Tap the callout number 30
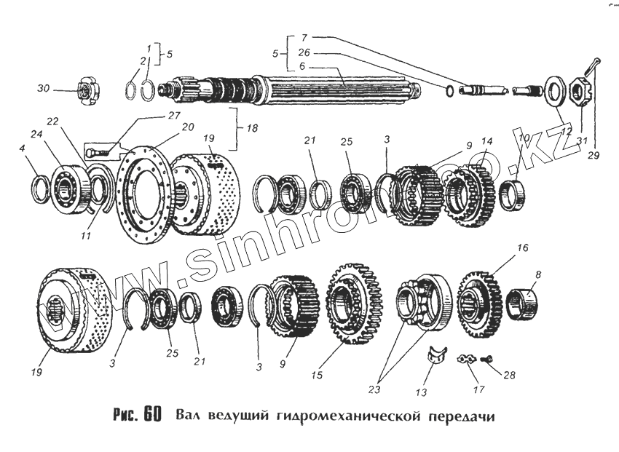pyautogui.click(x=44, y=89)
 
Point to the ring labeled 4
pyautogui.click(x=41, y=191)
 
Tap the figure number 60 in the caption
pyautogui.click(x=151, y=415)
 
